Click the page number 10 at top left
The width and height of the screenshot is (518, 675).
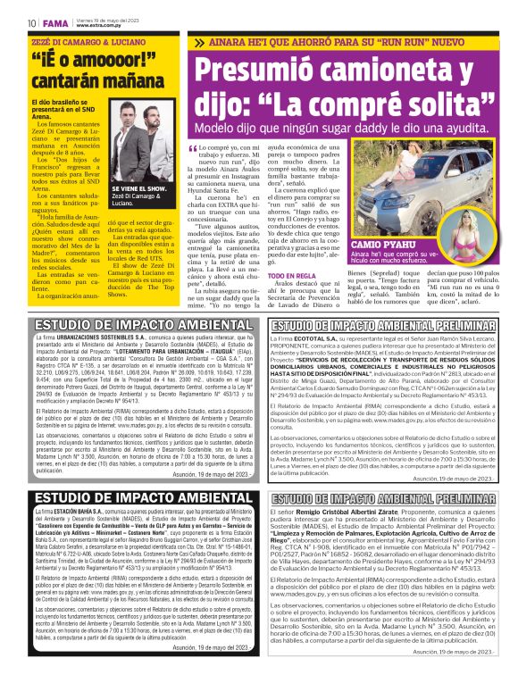31,22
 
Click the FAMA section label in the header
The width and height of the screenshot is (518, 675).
51,22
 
